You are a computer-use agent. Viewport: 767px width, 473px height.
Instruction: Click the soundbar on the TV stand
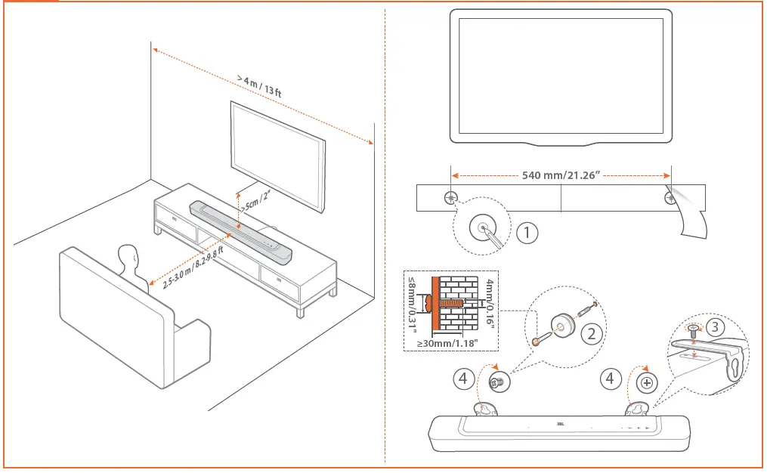[x=242, y=232]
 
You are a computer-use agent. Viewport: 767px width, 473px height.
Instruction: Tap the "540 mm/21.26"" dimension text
[x=561, y=175]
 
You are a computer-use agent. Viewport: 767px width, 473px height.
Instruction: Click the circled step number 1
[x=527, y=233]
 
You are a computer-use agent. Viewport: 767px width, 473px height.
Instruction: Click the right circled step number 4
[x=611, y=379]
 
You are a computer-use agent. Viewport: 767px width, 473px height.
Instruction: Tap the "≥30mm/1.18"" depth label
[x=450, y=345]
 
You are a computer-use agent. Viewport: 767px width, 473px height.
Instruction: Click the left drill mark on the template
[x=451, y=199]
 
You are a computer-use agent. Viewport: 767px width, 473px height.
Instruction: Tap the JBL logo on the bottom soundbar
[x=560, y=425]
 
